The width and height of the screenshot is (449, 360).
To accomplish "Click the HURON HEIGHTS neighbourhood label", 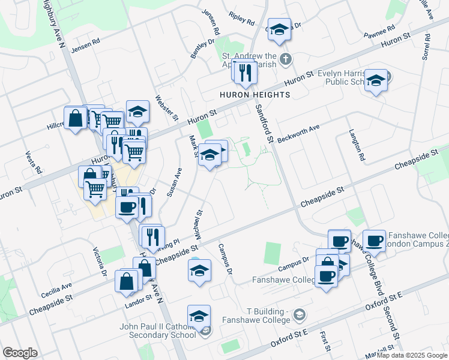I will click(x=255, y=95).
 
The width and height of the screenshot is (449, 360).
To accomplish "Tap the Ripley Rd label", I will click(x=242, y=19).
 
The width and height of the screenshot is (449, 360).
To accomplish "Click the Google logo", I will click(x=20, y=353).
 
